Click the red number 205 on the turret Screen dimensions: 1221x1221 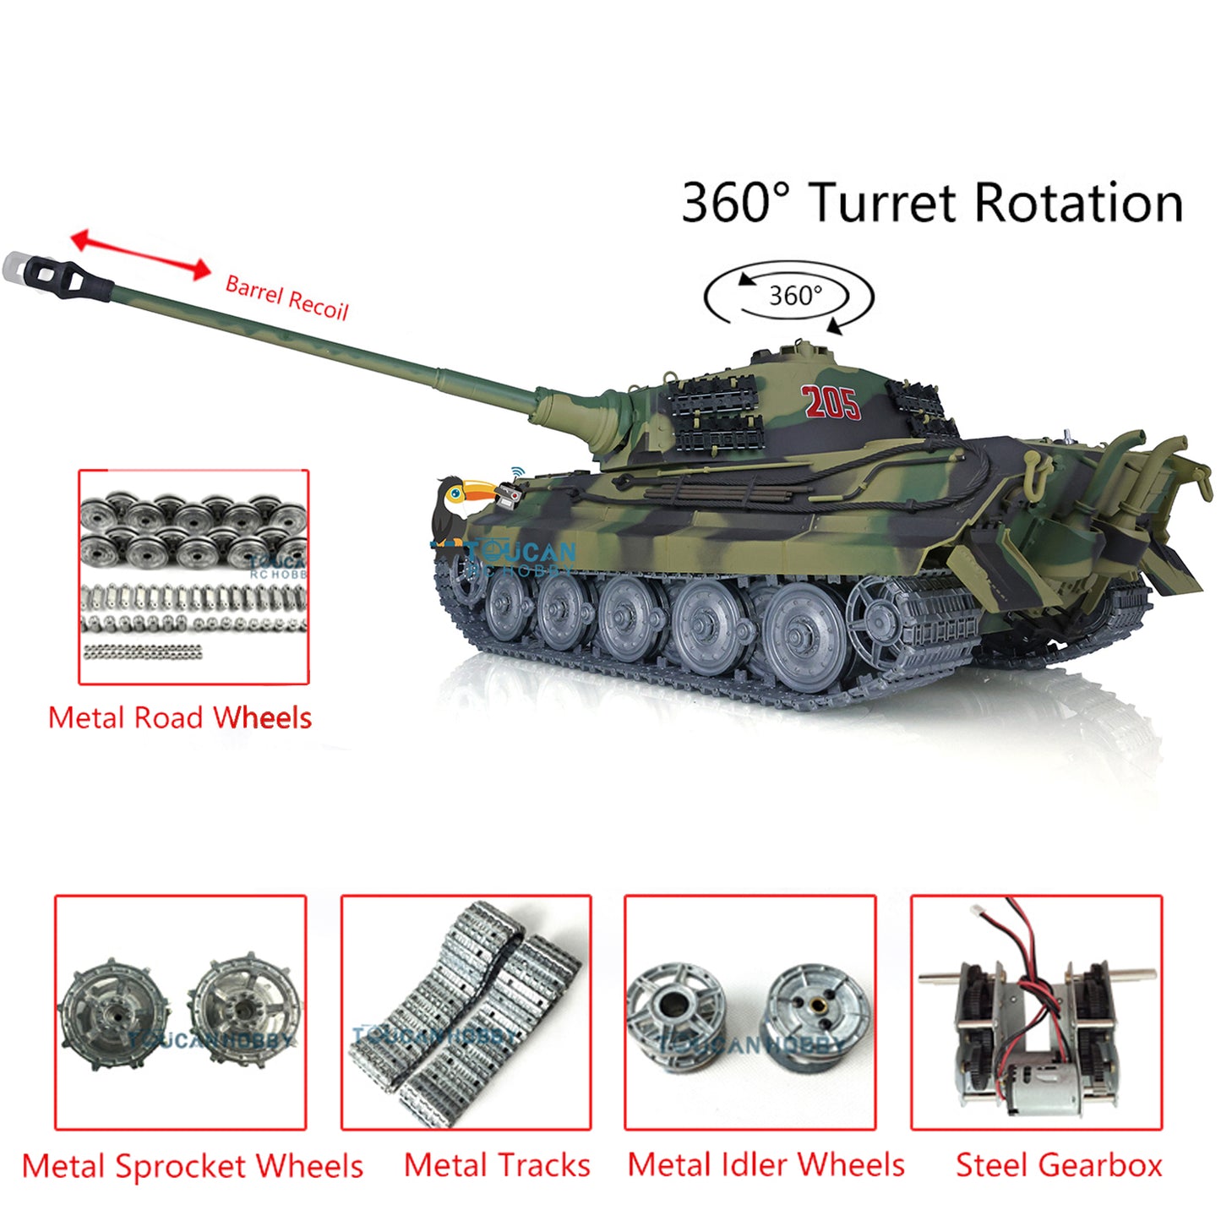click(x=831, y=403)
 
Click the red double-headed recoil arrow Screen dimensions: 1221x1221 click(x=140, y=254)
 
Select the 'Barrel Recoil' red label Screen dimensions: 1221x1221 click(x=286, y=297)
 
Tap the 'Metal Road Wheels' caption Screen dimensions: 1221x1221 click(x=180, y=718)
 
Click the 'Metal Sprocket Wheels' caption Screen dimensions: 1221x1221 click(x=193, y=1167)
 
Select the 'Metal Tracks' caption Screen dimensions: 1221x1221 click(x=497, y=1166)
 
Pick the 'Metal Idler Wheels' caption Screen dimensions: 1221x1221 click(x=766, y=1165)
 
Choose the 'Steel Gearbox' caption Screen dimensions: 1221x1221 click(x=1059, y=1166)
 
